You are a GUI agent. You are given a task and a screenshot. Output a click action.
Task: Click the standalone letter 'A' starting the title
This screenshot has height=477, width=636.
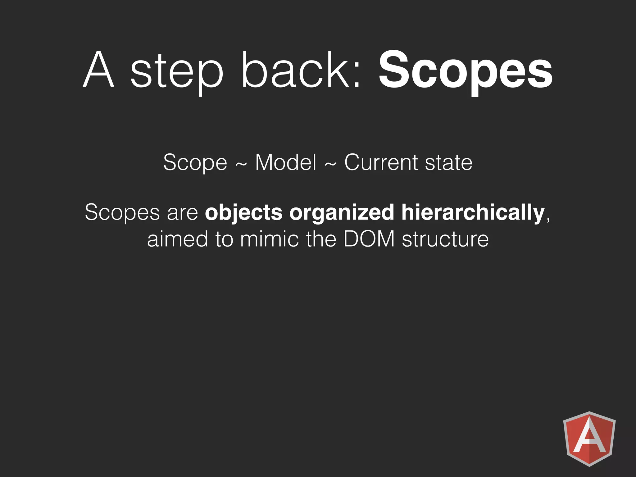99,70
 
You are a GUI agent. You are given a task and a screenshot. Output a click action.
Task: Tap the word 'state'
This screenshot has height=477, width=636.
448,163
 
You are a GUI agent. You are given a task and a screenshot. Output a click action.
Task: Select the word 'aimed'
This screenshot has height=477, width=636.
177,239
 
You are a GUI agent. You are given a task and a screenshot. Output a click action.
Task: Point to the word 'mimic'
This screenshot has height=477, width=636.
269,239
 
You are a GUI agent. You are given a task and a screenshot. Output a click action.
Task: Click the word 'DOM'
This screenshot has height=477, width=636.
369,239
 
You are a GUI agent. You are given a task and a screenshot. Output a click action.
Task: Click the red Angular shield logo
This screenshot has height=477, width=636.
589,438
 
